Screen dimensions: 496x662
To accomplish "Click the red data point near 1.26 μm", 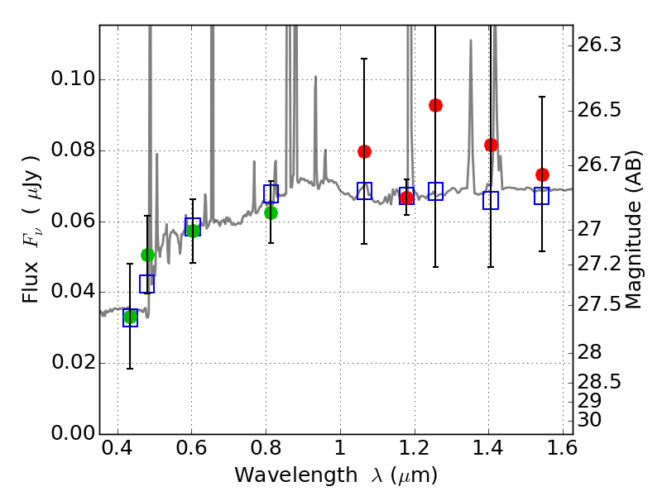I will click(435, 105).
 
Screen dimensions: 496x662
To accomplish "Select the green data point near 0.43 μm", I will click(130, 317).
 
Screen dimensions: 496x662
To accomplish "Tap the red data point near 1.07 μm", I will click(364, 151).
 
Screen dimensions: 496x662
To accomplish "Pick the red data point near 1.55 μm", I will click(542, 174).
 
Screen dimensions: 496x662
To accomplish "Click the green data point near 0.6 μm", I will click(193, 231).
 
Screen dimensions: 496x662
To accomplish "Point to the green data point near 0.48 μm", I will click(147, 255).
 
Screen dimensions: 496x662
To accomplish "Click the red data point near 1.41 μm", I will click(491, 145).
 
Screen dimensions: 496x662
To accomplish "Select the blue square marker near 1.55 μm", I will click(542, 196).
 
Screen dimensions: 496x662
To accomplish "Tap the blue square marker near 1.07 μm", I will click(364, 191).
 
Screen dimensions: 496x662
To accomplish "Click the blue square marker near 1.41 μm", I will click(491, 200).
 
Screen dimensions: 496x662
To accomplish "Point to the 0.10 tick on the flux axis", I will click(100, 80).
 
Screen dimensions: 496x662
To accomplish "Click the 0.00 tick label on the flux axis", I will click(73, 434).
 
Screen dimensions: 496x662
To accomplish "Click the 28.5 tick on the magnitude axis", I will click(573, 382).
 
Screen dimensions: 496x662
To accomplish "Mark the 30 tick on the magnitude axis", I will click(573, 419).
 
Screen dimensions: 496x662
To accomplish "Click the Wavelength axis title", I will click(335, 475).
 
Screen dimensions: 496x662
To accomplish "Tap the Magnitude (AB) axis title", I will click(635, 230).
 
